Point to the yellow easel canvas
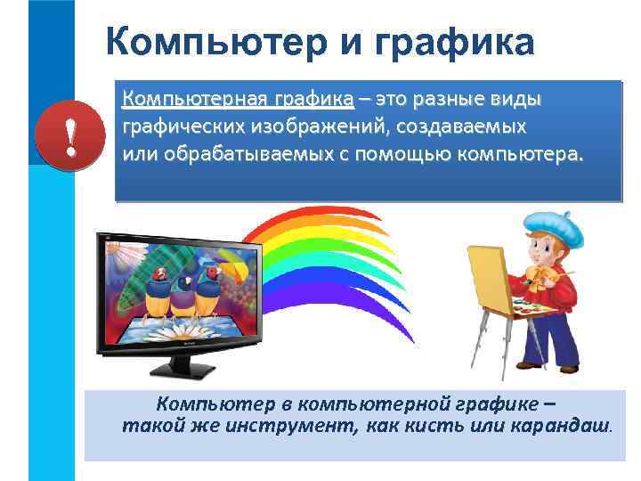(x=489, y=276)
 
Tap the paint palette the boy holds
(x=534, y=308)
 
